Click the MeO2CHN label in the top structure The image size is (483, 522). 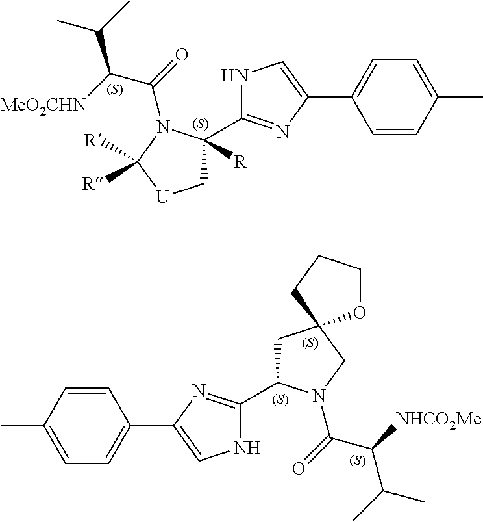42,104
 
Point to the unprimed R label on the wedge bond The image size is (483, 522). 240,162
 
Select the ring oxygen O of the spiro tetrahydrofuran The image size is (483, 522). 360,315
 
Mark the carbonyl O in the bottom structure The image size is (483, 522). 299,468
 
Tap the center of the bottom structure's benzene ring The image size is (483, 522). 86,426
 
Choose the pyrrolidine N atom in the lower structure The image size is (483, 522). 317,393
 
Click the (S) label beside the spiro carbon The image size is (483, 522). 312,342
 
